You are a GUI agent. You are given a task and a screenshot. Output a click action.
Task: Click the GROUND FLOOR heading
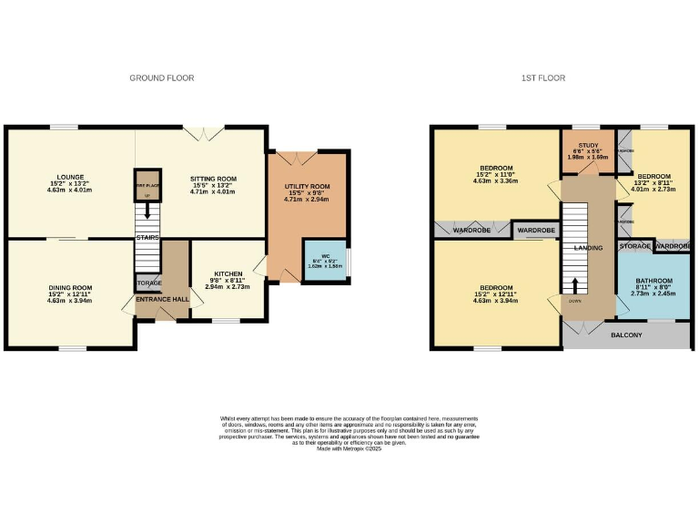point(161,78)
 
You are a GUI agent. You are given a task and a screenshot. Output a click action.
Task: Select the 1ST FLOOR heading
point(543,78)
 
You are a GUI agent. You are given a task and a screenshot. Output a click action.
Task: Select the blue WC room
point(323,261)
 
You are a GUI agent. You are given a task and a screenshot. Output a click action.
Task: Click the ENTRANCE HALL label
point(161,299)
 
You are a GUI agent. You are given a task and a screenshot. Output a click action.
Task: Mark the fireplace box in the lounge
point(147,185)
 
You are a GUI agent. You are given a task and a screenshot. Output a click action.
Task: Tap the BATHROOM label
point(653,280)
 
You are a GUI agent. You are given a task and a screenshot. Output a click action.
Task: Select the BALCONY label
point(625,335)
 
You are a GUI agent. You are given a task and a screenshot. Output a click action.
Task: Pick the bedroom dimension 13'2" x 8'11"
point(653,183)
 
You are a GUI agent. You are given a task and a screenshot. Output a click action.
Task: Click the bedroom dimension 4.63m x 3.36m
point(495,180)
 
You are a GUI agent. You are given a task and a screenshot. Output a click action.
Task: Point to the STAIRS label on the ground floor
point(147,238)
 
